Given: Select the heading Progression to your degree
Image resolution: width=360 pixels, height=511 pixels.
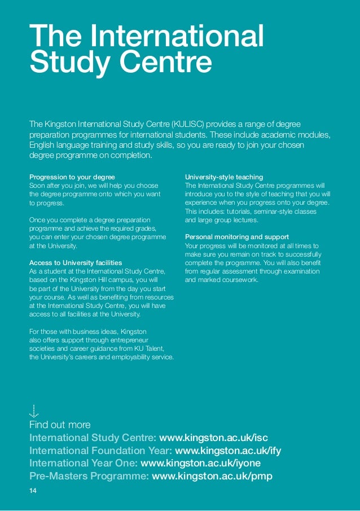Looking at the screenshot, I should (x=72, y=177).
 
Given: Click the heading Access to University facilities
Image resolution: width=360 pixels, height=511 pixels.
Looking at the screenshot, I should (x=75, y=263).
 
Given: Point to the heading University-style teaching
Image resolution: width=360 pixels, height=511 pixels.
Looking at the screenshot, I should (x=224, y=177).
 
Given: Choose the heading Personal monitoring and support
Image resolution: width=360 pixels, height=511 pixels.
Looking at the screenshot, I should (x=237, y=237).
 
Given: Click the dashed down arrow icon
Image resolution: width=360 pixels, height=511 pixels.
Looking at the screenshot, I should (x=34, y=411).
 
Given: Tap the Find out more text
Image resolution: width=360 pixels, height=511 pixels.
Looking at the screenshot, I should (x=60, y=425).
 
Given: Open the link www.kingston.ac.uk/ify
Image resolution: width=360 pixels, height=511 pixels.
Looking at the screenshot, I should (x=229, y=451).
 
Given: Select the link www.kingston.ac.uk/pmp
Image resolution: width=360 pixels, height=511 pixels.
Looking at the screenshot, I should (x=212, y=477).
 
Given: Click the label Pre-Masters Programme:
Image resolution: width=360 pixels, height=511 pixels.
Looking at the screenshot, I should (x=89, y=477).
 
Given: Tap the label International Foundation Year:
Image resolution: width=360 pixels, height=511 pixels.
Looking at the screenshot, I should (x=101, y=451).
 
